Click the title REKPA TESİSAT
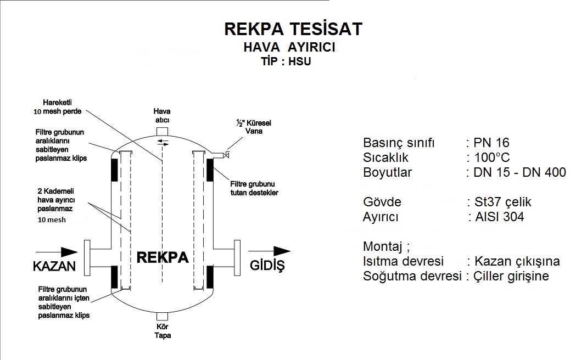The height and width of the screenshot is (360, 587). pyautogui.click(x=293, y=29)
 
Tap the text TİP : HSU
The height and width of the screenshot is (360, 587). pyautogui.click(x=286, y=61)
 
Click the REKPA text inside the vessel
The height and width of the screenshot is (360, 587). pyautogui.click(x=161, y=258)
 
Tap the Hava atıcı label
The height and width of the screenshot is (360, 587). pyautogui.click(x=161, y=116)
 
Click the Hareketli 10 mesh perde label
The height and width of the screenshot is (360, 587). pyautogui.click(x=57, y=106)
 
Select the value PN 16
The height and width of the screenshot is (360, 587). pyautogui.click(x=487, y=143)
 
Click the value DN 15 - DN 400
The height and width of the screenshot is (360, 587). pyautogui.click(x=519, y=173)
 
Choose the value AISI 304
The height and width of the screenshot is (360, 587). pyautogui.click(x=498, y=216)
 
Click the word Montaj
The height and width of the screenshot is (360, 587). pyautogui.click(x=385, y=246)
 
